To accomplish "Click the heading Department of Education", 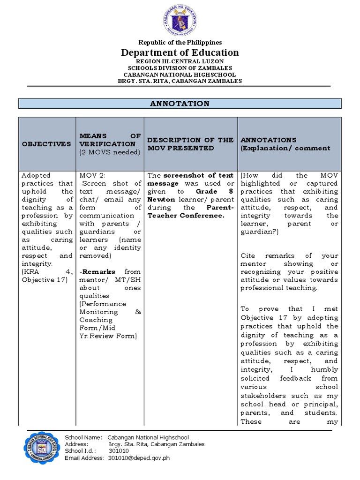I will (x=180, y=52).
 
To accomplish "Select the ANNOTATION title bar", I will (x=180, y=104).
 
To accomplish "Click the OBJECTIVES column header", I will (x=46, y=144).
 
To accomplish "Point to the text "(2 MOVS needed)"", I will (x=110, y=152).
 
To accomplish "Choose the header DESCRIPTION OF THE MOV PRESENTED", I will (x=190, y=144).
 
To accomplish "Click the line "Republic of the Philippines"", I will (x=180, y=42).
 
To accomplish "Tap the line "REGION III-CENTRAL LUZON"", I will (x=180, y=61).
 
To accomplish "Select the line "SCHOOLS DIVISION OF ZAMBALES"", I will (x=180, y=68).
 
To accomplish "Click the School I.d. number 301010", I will (x=119, y=451).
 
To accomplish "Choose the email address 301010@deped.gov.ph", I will (x=139, y=458).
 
